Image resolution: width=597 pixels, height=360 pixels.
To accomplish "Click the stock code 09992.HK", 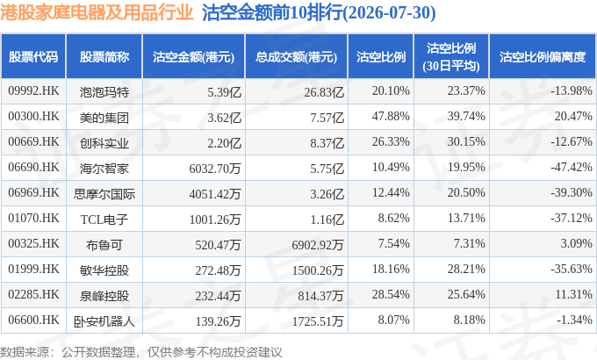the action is [x=33, y=91].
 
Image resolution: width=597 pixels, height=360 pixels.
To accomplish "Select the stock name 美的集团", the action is [x=104, y=118].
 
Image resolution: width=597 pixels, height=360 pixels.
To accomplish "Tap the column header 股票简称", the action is [x=104, y=57].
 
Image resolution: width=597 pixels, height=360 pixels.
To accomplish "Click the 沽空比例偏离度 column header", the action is [x=543, y=57].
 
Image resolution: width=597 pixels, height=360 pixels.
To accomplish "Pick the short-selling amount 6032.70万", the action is [x=215, y=168].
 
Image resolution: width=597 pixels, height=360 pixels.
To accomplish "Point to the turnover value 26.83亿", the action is [x=324, y=92].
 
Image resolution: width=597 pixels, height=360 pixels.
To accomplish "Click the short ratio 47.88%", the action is [x=391, y=116].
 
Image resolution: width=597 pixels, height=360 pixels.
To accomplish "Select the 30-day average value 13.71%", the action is [x=466, y=218].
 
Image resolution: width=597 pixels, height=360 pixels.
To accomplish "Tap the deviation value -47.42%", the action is [x=572, y=167].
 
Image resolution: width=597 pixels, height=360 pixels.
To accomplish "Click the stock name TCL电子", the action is [x=104, y=220].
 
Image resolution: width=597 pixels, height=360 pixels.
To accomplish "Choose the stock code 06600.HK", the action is [x=33, y=320].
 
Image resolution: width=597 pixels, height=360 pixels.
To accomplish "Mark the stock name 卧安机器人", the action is [x=104, y=321].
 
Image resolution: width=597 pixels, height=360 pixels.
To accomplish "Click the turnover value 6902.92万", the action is [x=318, y=245].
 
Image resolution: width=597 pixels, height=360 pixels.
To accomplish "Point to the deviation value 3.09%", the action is [x=576, y=243].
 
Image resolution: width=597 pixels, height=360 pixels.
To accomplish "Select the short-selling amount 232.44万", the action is [x=218, y=296].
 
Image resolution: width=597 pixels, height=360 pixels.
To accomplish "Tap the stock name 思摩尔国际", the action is [x=104, y=194].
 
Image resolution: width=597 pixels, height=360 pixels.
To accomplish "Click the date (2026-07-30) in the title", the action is [x=389, y=13].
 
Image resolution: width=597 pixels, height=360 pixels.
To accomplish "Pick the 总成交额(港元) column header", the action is [x=296, y=57].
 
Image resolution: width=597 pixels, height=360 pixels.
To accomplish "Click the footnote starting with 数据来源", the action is [x=140, y=351].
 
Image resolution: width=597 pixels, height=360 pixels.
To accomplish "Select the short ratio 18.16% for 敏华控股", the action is [x=391, y=269].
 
